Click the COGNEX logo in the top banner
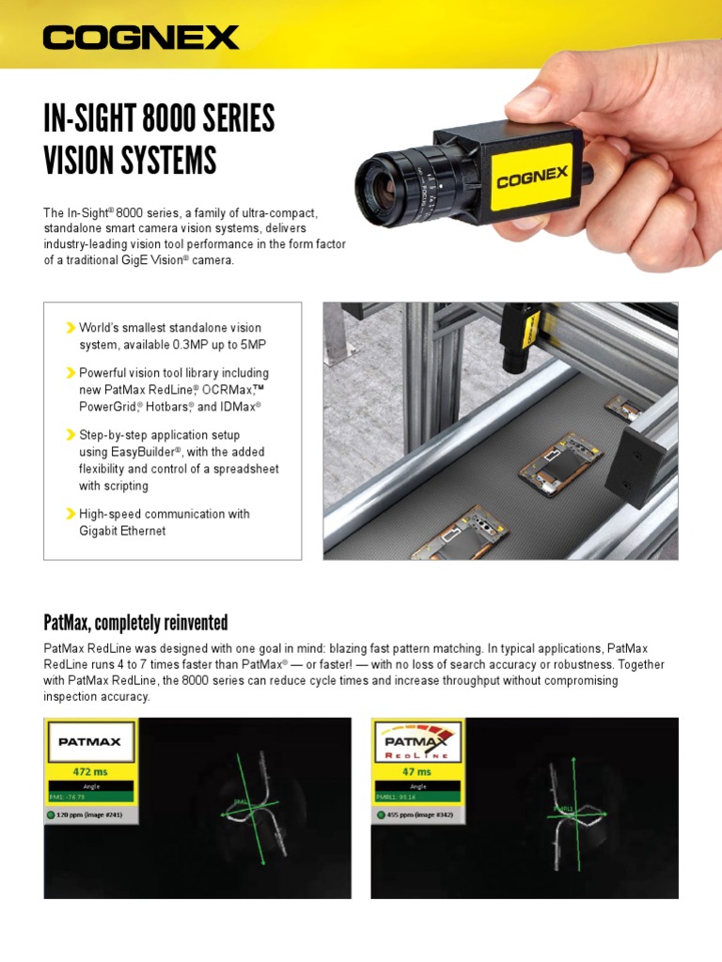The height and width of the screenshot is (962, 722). tap(141, 38)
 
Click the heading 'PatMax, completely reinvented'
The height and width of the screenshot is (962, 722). tap(135, 623)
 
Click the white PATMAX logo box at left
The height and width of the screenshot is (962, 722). tap(89, 741)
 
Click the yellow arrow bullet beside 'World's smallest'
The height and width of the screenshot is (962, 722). tap(71, 328)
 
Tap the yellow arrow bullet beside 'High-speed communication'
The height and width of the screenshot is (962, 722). tap(71, 514)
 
